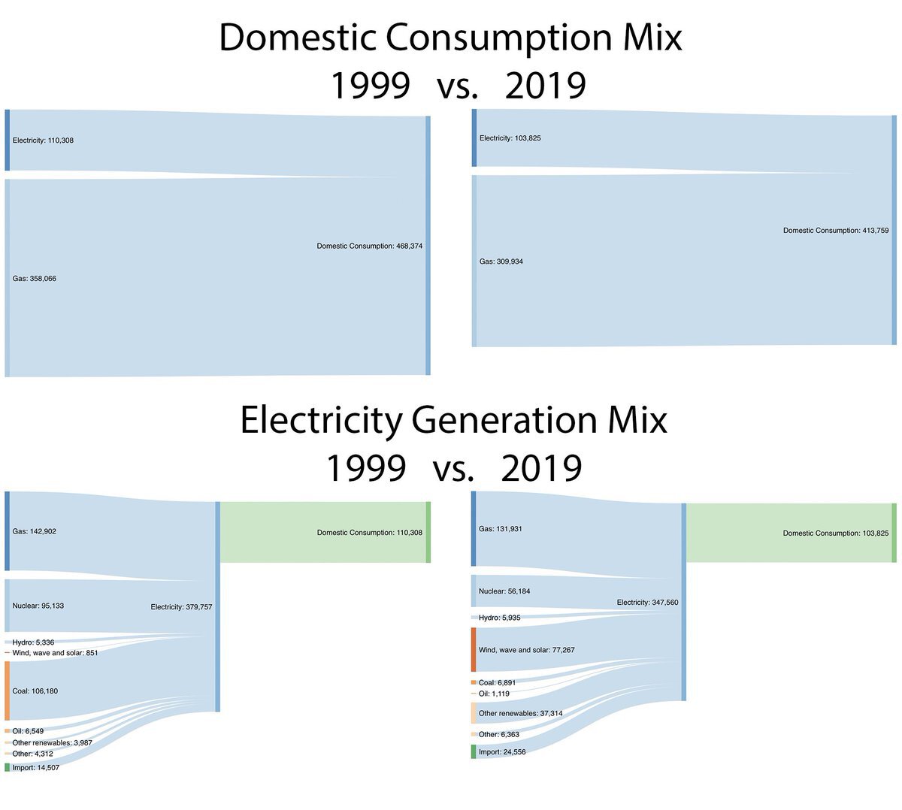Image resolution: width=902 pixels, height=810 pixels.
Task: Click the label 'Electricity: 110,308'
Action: click(43, 141)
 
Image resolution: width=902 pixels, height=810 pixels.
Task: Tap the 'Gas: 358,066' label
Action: click(35, 279)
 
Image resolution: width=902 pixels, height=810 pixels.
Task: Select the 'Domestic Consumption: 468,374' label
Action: click(369, 246)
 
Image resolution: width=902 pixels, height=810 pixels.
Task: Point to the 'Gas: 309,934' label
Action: click(501, 261)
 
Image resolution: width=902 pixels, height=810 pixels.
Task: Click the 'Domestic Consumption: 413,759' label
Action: click(835, 231)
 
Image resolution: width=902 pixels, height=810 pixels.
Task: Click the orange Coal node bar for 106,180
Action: click(8, 691)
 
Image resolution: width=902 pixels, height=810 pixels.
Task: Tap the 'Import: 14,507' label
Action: click(36, 767)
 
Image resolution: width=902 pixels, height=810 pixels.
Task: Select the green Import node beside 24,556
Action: click(474, 751)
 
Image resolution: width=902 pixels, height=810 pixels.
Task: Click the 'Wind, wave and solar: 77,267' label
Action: click(526, 650)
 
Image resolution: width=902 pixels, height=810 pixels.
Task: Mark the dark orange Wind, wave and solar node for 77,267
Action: click(474, 649)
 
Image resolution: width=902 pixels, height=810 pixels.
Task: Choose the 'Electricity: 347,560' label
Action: click(647, 603)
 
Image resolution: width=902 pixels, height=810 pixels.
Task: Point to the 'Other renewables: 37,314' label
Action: click(520, 713)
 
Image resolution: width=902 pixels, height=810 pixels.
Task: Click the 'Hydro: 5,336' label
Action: click(33, 642)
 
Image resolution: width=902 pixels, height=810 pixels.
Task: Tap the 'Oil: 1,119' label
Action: click(494, 694)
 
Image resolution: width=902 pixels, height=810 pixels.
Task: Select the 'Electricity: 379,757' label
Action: click(181, 607)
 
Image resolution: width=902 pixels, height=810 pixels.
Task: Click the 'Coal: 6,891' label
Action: click(497, 683)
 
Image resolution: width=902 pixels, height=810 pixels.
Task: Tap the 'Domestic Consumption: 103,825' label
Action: click(835, 533)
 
